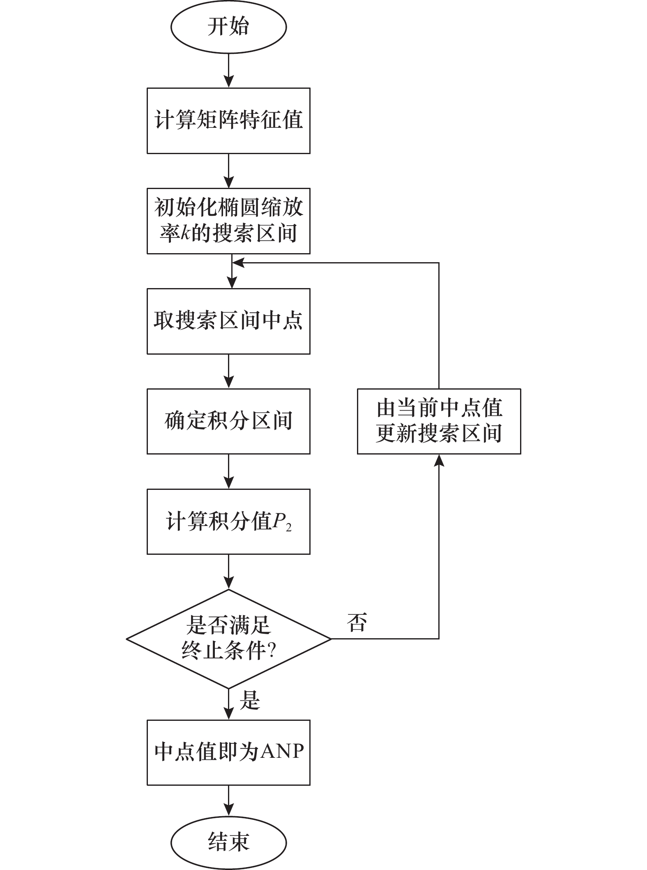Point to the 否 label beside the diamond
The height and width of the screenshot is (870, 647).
click(357, 622)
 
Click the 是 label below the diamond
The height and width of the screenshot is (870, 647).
click(250, 700)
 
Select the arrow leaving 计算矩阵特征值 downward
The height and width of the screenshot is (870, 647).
click(228, 171)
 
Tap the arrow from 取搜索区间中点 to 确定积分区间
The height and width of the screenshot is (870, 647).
click(228, 372)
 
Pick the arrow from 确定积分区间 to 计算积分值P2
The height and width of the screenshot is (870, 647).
click(228, 471)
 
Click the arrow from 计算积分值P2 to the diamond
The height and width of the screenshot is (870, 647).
click(228, 572)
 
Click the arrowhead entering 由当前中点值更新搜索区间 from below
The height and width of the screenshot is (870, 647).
click(439, 460)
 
